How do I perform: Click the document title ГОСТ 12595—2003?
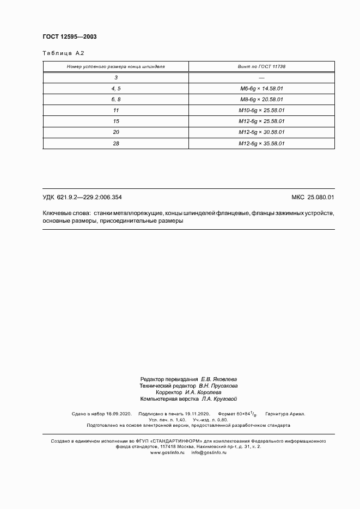pos(70,36)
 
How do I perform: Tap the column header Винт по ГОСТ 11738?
pos(262,66)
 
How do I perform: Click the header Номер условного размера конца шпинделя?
pos(115,66)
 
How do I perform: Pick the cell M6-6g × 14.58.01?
pos(262,88)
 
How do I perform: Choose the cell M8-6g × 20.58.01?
pos(262,100)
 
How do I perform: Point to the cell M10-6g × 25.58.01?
pos(262,111)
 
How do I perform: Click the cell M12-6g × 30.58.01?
pos(262,132)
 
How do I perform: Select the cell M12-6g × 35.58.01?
pos(262,144)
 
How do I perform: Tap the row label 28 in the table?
pos(116,144)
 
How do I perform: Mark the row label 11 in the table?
pos(116,111)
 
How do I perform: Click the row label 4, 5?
pos(116,88)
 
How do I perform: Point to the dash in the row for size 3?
pos(262,77)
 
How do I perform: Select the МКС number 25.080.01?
pos(321,197)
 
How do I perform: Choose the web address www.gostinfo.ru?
pos(168,452)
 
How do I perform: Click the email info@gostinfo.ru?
pos(209,452)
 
